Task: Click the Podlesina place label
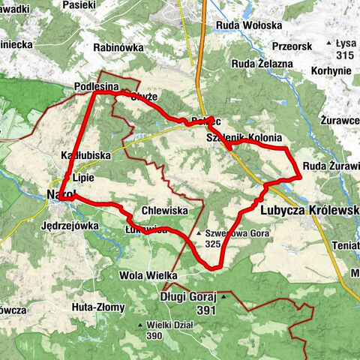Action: point(97,87)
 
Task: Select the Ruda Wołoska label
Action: point(247,25)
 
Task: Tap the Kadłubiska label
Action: point(85,155)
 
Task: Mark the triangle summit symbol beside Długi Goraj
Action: point(223,297)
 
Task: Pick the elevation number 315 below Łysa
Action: point(344,55)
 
